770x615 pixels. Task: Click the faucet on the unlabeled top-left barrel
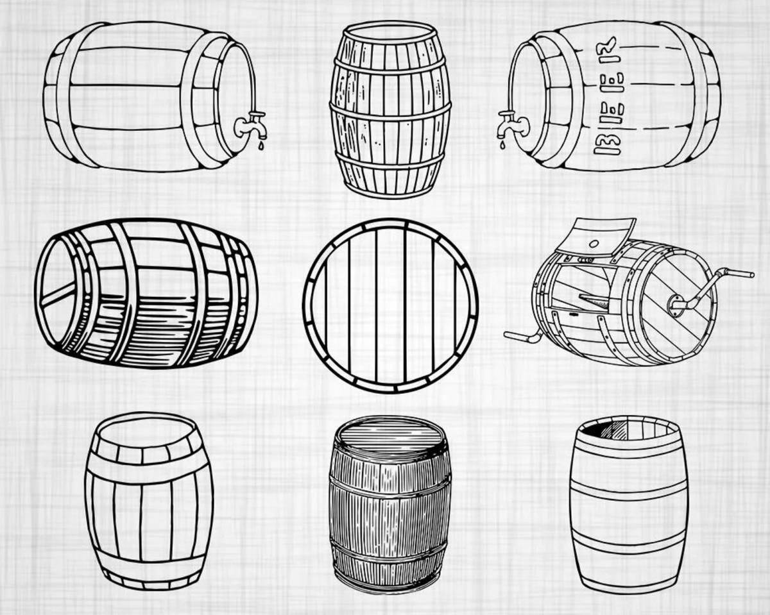point(252,125)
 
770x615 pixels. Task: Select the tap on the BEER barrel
point(513,124)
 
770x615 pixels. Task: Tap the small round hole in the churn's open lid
point(594,244)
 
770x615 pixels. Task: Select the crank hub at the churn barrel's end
point(674,306)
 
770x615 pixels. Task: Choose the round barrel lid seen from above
point(390,306)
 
